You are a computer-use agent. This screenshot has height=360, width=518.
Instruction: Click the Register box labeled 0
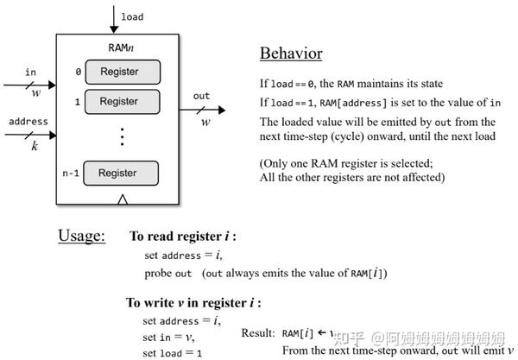point(118,71)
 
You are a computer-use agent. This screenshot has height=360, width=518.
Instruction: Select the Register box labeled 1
point(118,101)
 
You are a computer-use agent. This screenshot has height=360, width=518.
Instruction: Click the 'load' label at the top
point(132,16)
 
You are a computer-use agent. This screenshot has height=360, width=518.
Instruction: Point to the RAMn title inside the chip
point(120,47)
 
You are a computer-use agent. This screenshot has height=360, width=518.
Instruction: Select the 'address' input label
point(28,122)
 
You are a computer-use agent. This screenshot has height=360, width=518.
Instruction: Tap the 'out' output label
point(201,96)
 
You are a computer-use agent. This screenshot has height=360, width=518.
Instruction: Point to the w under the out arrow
point(205,122)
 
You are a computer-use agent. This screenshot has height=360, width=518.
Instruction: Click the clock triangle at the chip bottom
point(123,200)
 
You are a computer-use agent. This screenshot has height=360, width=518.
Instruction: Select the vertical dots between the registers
point(122,136)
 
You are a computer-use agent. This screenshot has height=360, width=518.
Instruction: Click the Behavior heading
point(291,54)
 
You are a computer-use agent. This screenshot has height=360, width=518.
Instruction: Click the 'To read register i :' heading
point(182,237)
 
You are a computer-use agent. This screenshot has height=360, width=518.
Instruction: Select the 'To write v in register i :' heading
point(193,303)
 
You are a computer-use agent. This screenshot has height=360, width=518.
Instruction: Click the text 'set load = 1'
point(173,352)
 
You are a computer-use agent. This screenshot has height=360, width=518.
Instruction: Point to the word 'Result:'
point(258,332)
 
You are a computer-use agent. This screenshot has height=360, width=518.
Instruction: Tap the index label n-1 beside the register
point(74,173)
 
